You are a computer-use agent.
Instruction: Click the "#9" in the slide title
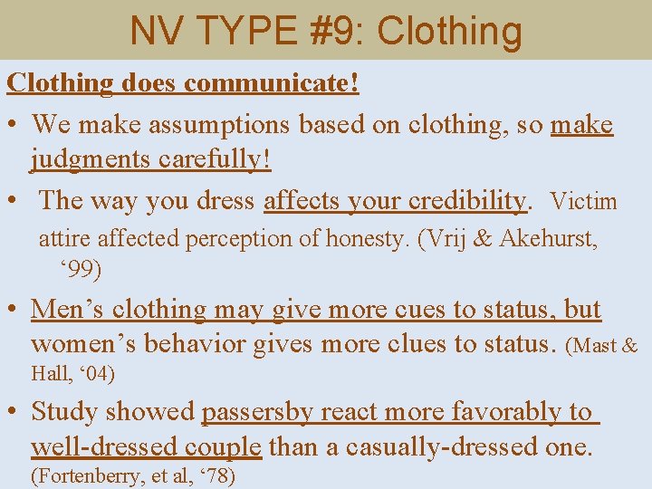click(335, 31)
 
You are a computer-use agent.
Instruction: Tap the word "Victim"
click(583, 200)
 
